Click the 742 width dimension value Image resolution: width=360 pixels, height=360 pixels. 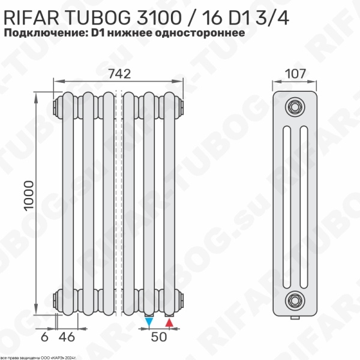point(120,73)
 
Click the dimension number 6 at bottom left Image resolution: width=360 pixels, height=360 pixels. point(44,337)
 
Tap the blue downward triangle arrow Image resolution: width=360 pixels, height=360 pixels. point(149,323)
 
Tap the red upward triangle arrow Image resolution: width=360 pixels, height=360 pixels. point(170,323)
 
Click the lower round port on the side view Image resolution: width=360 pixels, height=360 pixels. point(294,298)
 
